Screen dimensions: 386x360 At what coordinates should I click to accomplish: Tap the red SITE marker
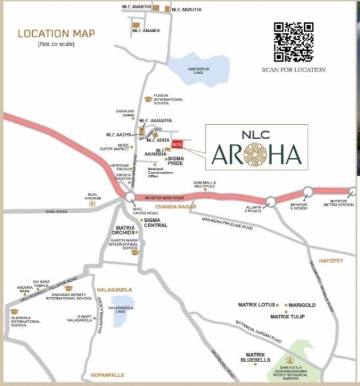177,146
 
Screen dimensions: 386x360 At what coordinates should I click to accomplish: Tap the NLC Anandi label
147,30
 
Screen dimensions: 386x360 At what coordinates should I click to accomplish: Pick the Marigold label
301,305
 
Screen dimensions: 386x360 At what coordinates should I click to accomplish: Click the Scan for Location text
293,69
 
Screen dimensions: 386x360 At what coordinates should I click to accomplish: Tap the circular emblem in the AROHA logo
259,155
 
